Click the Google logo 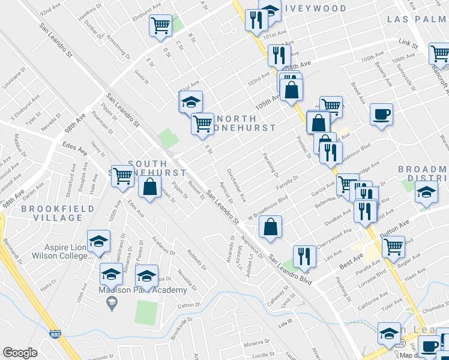point(20,353)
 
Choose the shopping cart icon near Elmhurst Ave point(160,26)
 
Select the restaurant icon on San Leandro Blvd point(304,256)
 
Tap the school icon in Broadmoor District point(426,193)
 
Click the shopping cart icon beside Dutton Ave point(393,245)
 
